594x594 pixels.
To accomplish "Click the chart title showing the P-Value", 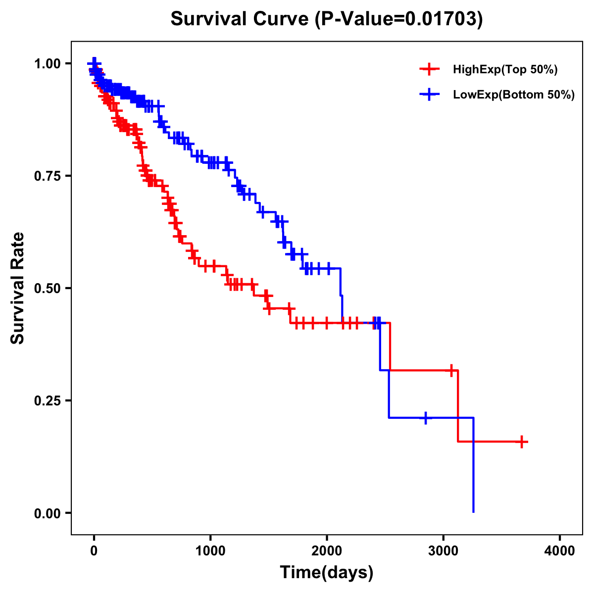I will click(326, 19).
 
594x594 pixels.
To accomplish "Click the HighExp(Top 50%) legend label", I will click(505, 70).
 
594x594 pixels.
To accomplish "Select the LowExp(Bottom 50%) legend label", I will click(514, 95).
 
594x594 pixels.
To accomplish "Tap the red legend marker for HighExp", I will click(430, 69).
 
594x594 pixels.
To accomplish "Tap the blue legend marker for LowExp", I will click(430, 94).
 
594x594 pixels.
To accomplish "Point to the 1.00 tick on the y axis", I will click(47, 63).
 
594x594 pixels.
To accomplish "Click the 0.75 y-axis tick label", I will click(47, 176).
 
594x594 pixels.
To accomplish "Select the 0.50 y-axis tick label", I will click(47, 288).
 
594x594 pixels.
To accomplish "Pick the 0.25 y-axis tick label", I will click(47, 400).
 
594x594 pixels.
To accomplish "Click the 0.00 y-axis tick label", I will click(47, 513).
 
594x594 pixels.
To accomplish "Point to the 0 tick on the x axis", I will click(94, 551).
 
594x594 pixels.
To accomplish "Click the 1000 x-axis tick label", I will click(210, 551).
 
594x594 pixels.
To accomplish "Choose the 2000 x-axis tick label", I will click(327, 551).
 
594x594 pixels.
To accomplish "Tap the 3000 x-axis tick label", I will click(444, 551).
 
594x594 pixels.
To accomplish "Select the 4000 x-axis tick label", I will click(560, 551).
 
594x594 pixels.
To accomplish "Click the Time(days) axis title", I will click(327, 573).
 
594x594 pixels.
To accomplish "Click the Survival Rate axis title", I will click(18, 288).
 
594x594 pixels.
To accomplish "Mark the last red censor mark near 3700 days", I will click(522, 442).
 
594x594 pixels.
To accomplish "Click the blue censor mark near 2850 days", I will click(425, 418).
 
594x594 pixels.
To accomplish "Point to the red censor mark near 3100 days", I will click(451, 370).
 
